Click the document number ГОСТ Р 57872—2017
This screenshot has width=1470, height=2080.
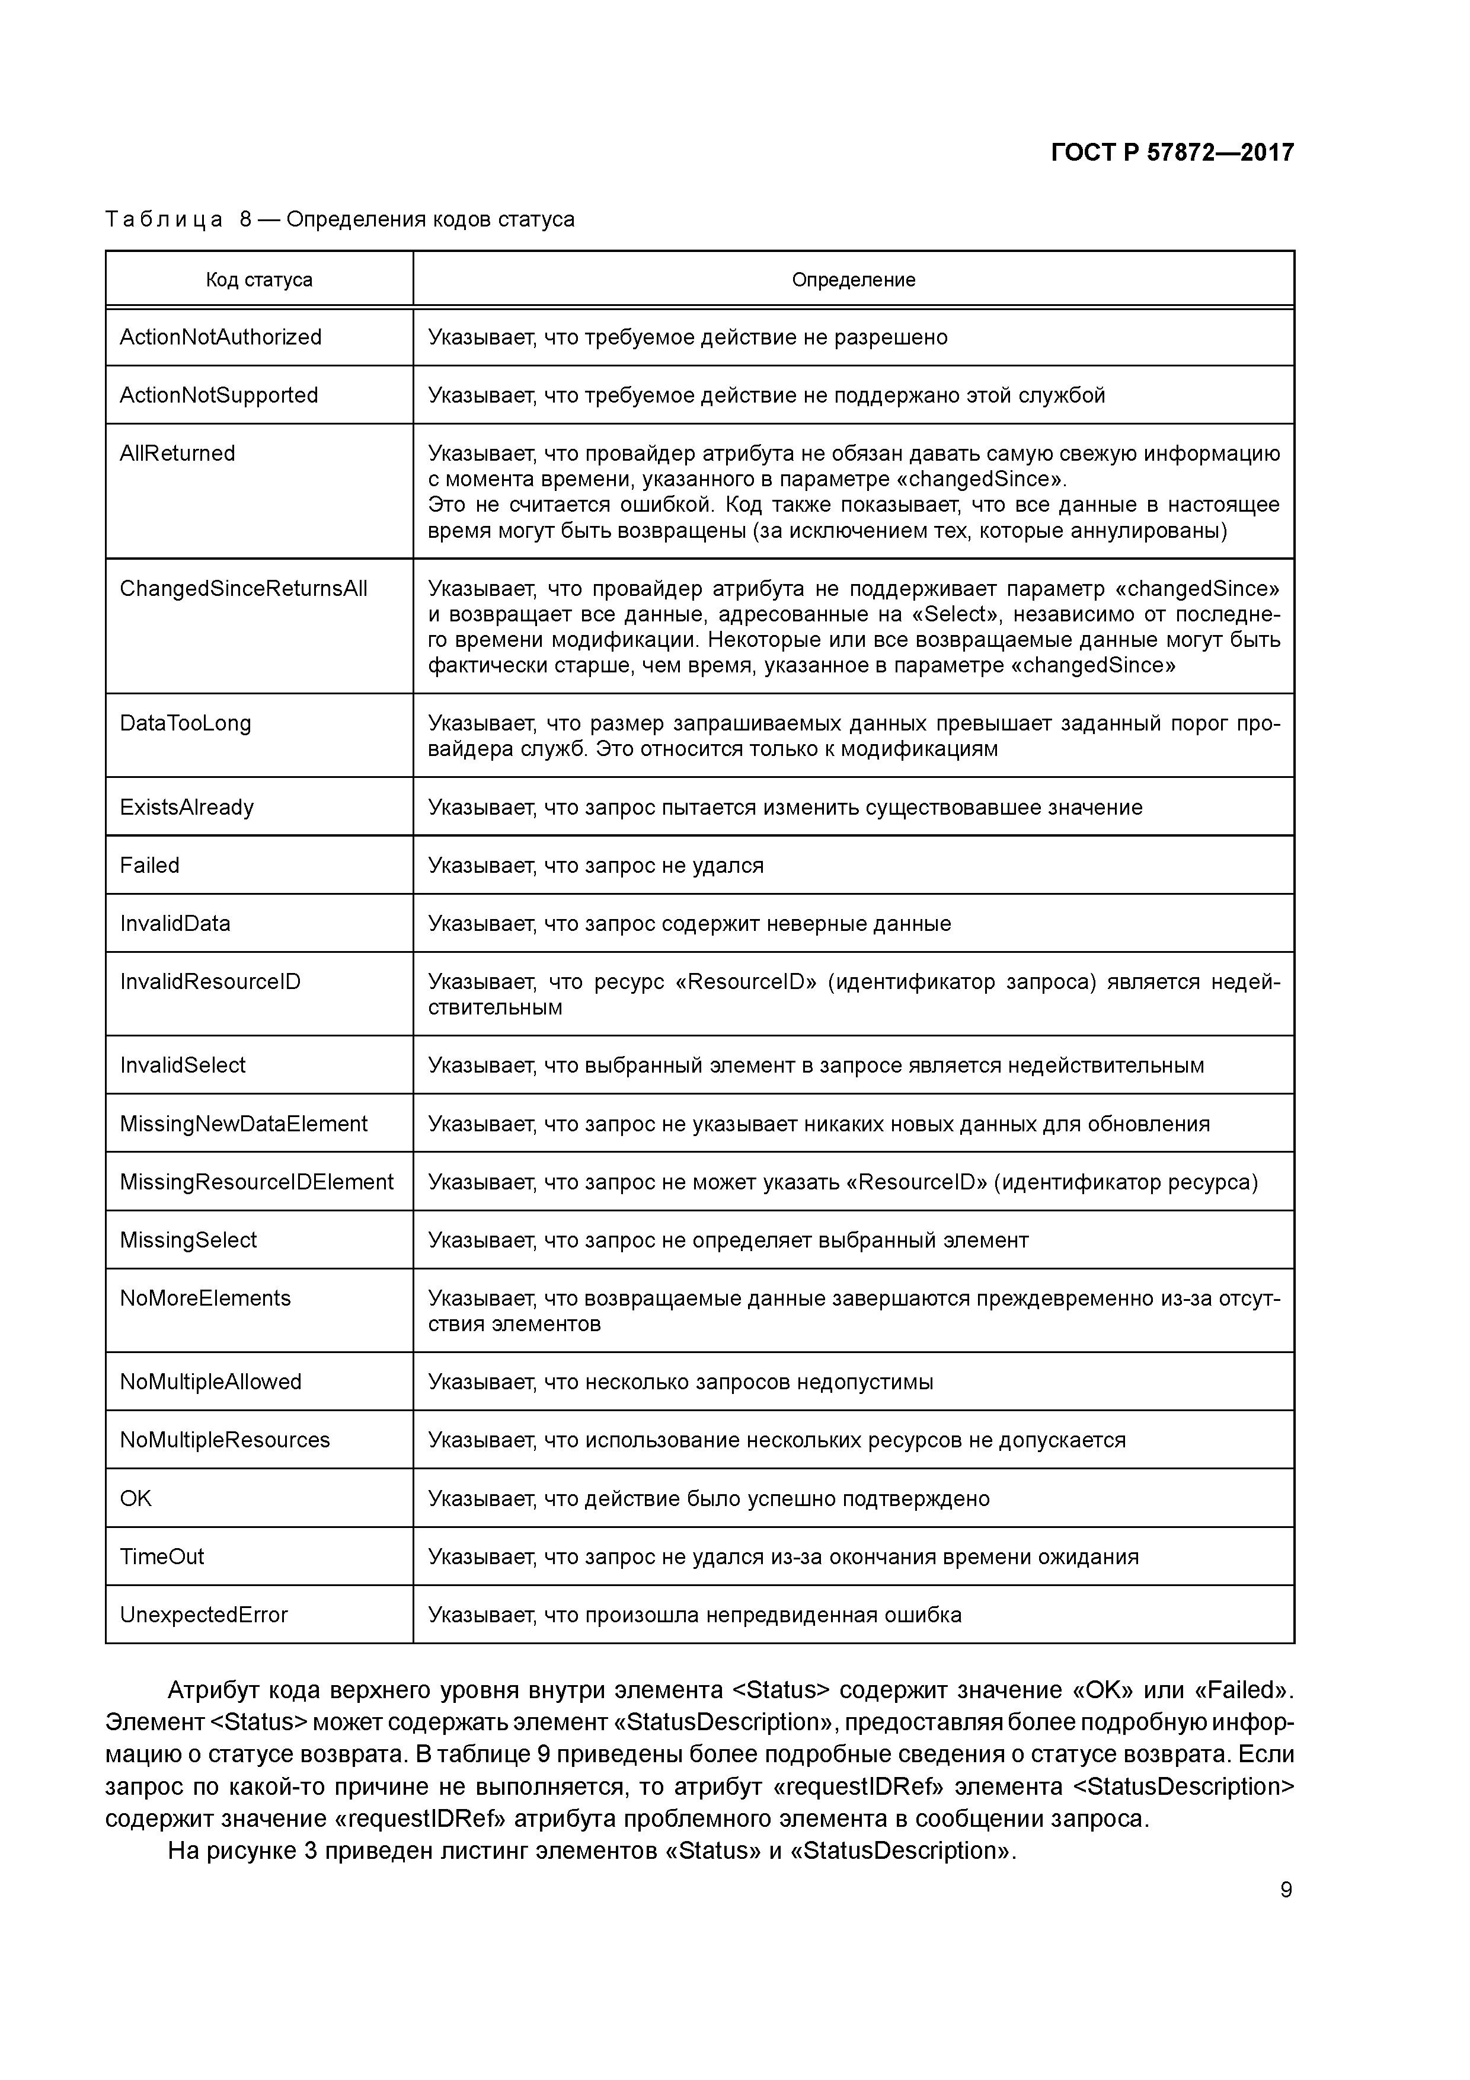(x=1172, y=152)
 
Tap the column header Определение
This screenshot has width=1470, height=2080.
(x=853, y=280)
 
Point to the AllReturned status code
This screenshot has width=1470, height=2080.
(x=177, y=453)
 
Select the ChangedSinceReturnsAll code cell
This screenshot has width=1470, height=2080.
(x=243, y=588)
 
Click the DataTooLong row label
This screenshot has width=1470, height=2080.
(x=185, y=723)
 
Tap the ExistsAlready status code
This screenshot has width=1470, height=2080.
(x=187, y=807)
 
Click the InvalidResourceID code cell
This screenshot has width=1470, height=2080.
(x=210, y=981)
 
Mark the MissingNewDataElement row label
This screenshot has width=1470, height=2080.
(x=243, y=1124)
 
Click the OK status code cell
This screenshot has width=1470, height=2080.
(x=136, y=1498)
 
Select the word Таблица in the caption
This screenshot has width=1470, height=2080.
(x=163, y=219)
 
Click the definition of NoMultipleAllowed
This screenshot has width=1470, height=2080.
(x=680, y=1382)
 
